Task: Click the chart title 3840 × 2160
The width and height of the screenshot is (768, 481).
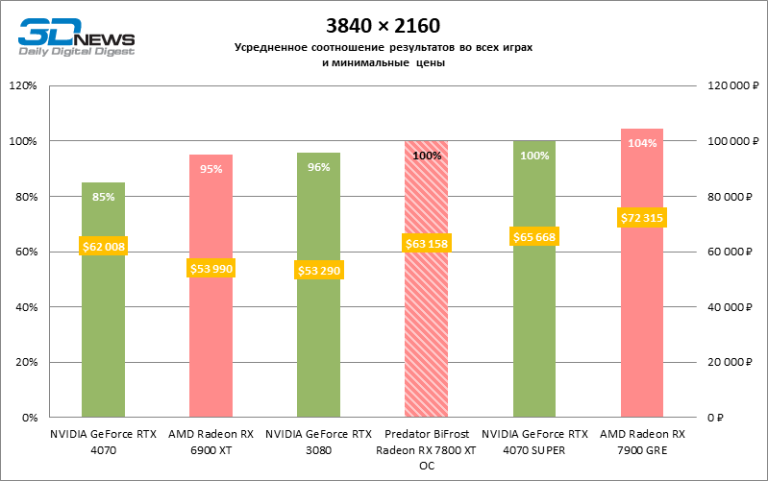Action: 383,24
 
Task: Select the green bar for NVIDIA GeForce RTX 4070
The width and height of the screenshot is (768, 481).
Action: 103,326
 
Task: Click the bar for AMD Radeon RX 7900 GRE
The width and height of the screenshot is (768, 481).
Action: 641,317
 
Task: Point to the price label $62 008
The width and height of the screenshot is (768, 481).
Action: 104,247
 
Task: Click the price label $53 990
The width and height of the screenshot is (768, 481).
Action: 211,268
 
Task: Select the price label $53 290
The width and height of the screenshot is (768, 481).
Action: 318,271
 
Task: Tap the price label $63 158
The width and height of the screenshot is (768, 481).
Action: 426,244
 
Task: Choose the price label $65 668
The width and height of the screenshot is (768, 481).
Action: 533,237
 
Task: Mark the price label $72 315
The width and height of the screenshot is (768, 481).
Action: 641,219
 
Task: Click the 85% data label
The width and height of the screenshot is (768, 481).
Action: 104,197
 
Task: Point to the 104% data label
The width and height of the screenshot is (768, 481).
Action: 642,144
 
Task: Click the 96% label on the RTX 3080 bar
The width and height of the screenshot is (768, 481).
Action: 319,167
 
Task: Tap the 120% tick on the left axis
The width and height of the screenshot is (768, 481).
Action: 22,86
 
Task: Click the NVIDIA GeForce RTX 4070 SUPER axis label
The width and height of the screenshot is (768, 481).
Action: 534,441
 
